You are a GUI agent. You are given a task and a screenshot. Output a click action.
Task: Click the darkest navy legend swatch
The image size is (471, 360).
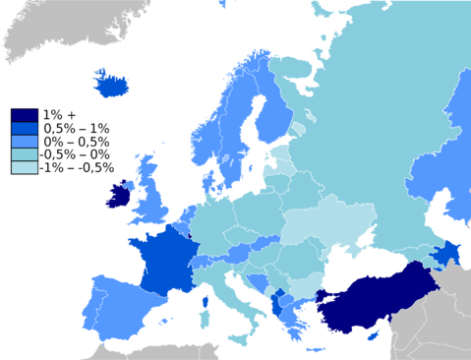pos(25,116)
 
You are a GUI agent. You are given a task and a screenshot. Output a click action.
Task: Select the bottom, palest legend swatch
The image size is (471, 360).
pos(25,167)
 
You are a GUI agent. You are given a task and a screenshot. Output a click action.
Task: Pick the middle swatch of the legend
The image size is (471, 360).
pos(25,142)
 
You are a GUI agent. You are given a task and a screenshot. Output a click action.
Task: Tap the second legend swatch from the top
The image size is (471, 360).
pos(25,129)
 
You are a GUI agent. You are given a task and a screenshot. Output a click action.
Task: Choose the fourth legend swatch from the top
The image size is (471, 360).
pos(25,154)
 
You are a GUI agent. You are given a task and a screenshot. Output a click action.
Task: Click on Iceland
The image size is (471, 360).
pos(112,86)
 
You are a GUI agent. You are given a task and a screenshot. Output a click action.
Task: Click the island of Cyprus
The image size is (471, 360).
pos(372,335)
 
